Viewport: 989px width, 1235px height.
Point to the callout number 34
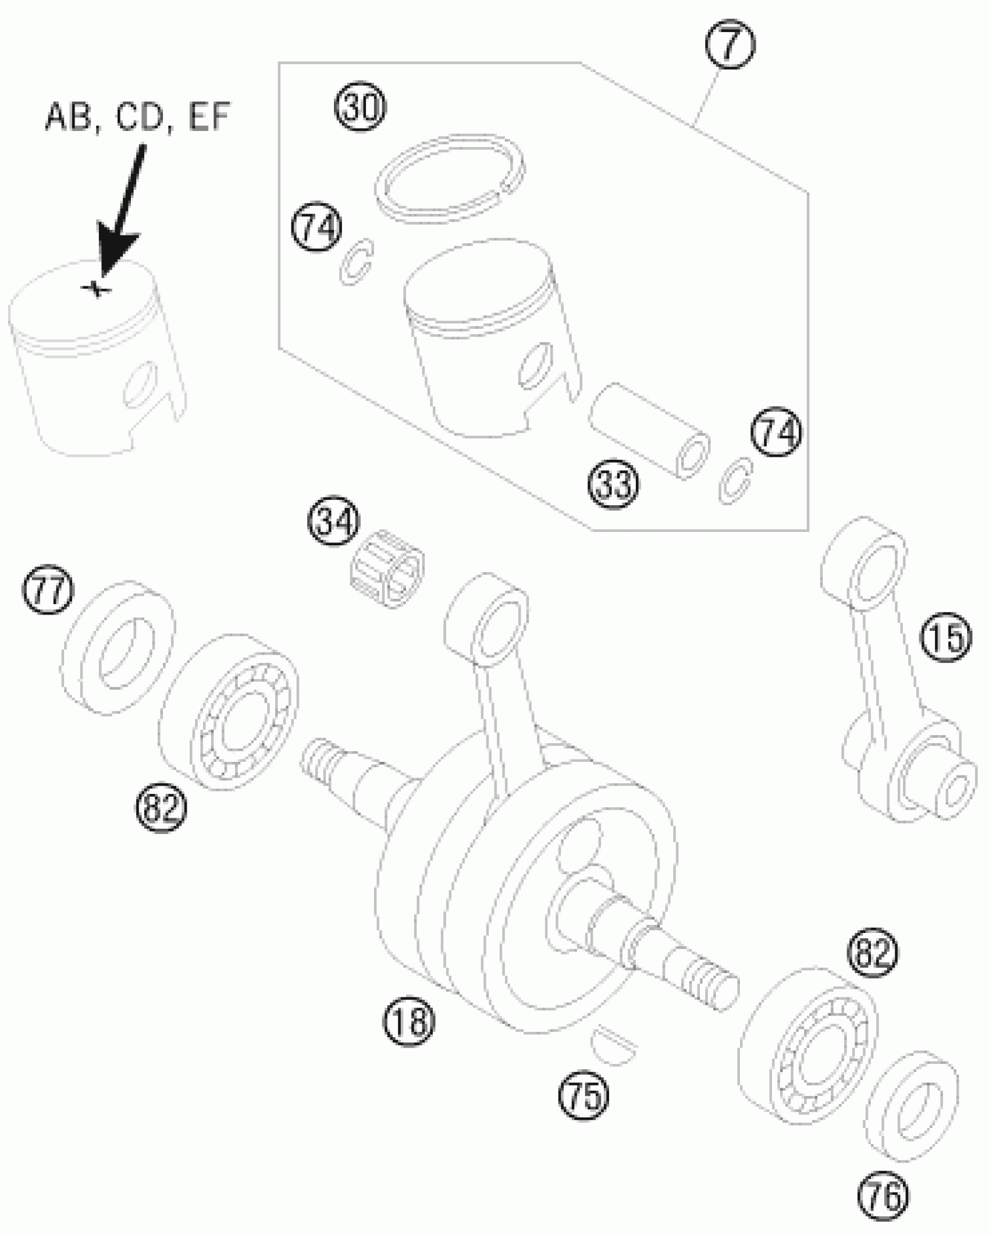334,521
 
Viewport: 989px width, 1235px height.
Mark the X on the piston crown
96,288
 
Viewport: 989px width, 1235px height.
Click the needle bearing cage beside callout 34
387,570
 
